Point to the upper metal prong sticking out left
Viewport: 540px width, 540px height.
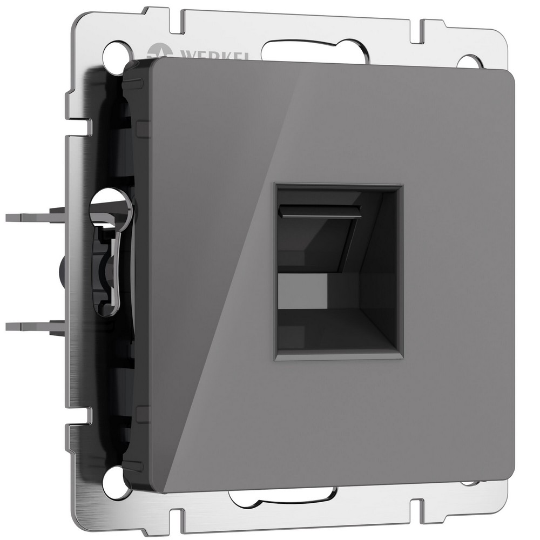point(32,218)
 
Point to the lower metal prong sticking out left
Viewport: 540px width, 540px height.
point(32,325)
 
